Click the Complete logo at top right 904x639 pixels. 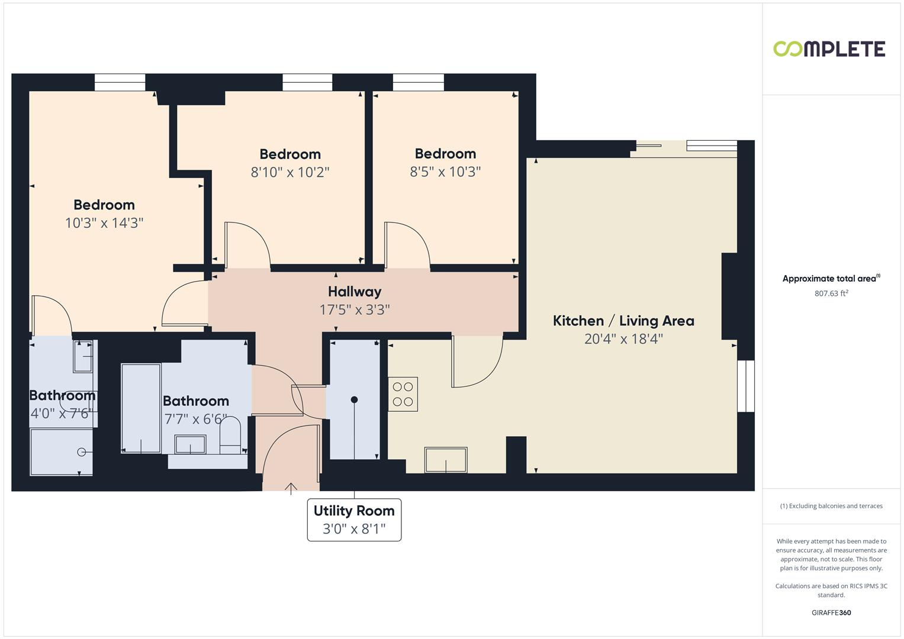[x=829, y=49]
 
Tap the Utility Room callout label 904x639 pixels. [x=354, y=511]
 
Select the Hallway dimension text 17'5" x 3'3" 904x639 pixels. [x=355, y=309]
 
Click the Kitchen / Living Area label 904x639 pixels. [x=623, y=321]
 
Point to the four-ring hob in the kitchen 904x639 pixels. [x=403, y=394]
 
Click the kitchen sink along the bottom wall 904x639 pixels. [x=445, y=460]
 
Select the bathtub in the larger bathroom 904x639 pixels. [x=141, y=408]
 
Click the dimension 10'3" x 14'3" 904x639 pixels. [x=104, y=223]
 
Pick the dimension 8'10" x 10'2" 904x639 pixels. [x=290, y=172]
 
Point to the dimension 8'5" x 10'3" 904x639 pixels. [x=445, y=172]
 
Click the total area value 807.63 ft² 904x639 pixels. [x=831, y=293]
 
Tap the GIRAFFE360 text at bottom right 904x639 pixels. [x=831, y=612]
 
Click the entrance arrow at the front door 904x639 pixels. [x=291, y=488]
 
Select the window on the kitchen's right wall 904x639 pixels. [x=746, y=386]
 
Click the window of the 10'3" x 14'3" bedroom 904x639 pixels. [x=120, y=82]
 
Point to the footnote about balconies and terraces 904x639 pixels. [x=831, y=506]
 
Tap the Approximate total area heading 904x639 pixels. [x=830, y=279]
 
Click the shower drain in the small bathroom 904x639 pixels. [x=81, y=453]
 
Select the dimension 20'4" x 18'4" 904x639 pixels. [x=623, y=339]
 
